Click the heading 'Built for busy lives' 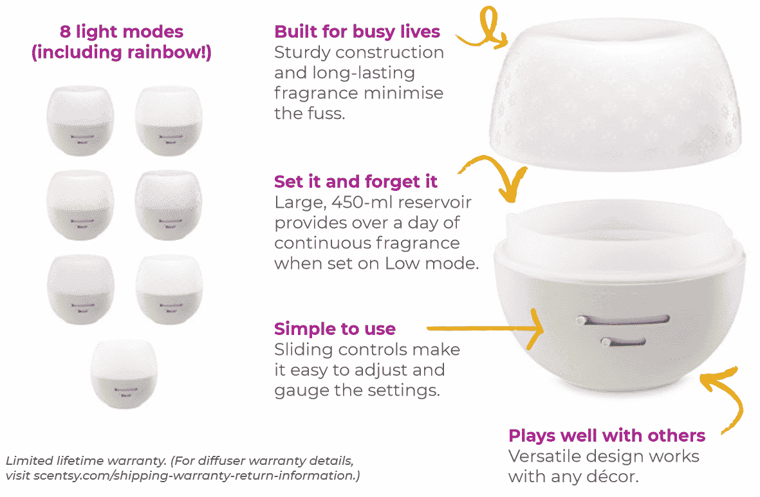pos(357,32)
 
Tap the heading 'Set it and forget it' pos(356,181)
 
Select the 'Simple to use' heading pos(335,329)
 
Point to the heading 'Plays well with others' pos(606,436)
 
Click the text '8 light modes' pos(122,32)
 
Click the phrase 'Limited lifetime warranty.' pos(73,461)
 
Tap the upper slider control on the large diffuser pos(622,319)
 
